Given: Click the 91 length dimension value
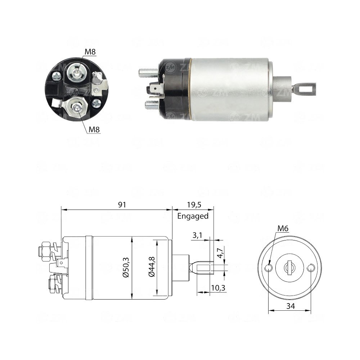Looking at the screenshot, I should click(x=122, y=205).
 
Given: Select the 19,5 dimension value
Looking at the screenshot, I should click(x=194, y=205).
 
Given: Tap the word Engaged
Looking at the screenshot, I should click(x=193, y=216).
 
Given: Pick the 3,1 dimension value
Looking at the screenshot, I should click(x=198, y=236).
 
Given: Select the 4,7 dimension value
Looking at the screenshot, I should click(x=220, y=252).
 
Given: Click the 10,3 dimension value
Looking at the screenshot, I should click(x=218, y=288).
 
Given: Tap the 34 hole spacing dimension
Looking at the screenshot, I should click(x=290, y=306).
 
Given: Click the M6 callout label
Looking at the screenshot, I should click(x=283, y=228).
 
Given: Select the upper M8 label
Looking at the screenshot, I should click(x=90, y=52).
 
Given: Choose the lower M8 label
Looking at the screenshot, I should click(x=94, y=129).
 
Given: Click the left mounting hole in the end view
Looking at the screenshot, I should click(x=269, y=268).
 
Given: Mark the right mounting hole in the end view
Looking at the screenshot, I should click(x=311, y=268).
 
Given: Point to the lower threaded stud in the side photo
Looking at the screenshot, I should click(x=152, y=105).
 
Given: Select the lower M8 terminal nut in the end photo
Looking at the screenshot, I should click(x=76, y=107).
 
